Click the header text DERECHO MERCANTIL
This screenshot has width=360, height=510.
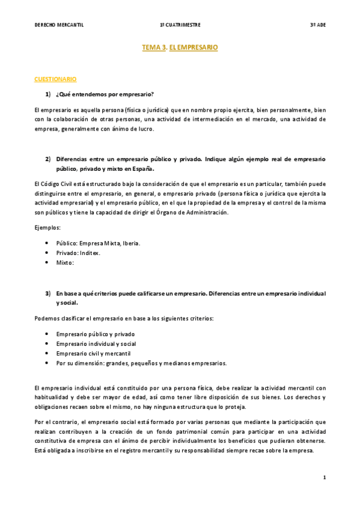(58, 25)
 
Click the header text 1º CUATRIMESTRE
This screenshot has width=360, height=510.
(180, 25)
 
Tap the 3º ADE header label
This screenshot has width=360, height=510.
(317, 25)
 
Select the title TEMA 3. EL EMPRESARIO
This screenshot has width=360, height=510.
(180, 46)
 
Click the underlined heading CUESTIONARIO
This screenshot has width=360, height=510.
(55, 79)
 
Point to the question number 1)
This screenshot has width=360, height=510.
(49, 94)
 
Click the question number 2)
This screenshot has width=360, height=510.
(49, 159)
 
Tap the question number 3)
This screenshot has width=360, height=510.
(49, 293)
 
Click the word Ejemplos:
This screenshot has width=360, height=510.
(47, 228)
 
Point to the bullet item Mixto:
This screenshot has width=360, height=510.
(65, 263)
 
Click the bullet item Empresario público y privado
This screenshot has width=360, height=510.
(95, 333)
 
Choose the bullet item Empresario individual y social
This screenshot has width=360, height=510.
(96, 343)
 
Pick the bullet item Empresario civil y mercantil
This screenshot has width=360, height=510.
(93, 353)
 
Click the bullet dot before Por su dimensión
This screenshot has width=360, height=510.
(47, 363)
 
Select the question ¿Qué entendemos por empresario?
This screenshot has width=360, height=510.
(105, 94)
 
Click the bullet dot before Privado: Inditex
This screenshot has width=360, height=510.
(47, 253)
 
